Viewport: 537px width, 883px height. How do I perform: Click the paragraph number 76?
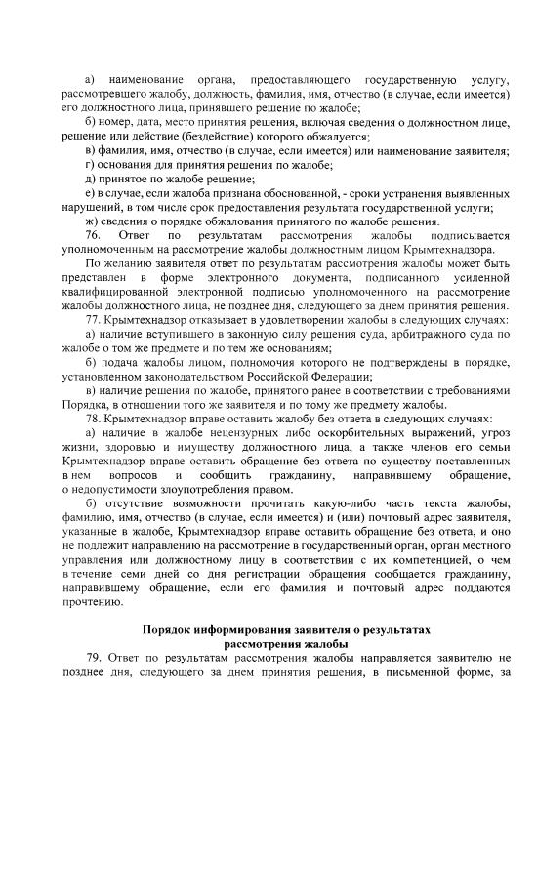(x=94, y=236)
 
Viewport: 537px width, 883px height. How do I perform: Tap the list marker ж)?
(x=92, y=221)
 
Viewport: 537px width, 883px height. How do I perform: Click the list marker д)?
(x=91, y=180)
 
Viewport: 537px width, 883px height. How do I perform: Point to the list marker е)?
(x=91, y=193)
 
